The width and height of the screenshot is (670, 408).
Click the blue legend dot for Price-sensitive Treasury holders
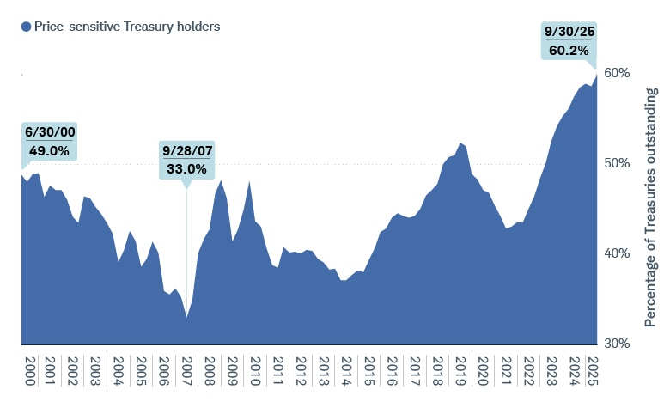point(26,27)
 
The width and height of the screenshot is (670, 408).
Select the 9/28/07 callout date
point(186,151)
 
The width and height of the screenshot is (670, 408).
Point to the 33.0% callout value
point(186,168)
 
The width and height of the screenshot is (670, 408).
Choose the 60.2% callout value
point(569,50)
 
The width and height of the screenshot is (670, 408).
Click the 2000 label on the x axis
point(31,371)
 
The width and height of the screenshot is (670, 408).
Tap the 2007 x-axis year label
point(187,371)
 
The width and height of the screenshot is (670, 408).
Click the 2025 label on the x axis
point(591,371)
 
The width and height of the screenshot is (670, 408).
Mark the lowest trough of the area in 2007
point(186,317)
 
